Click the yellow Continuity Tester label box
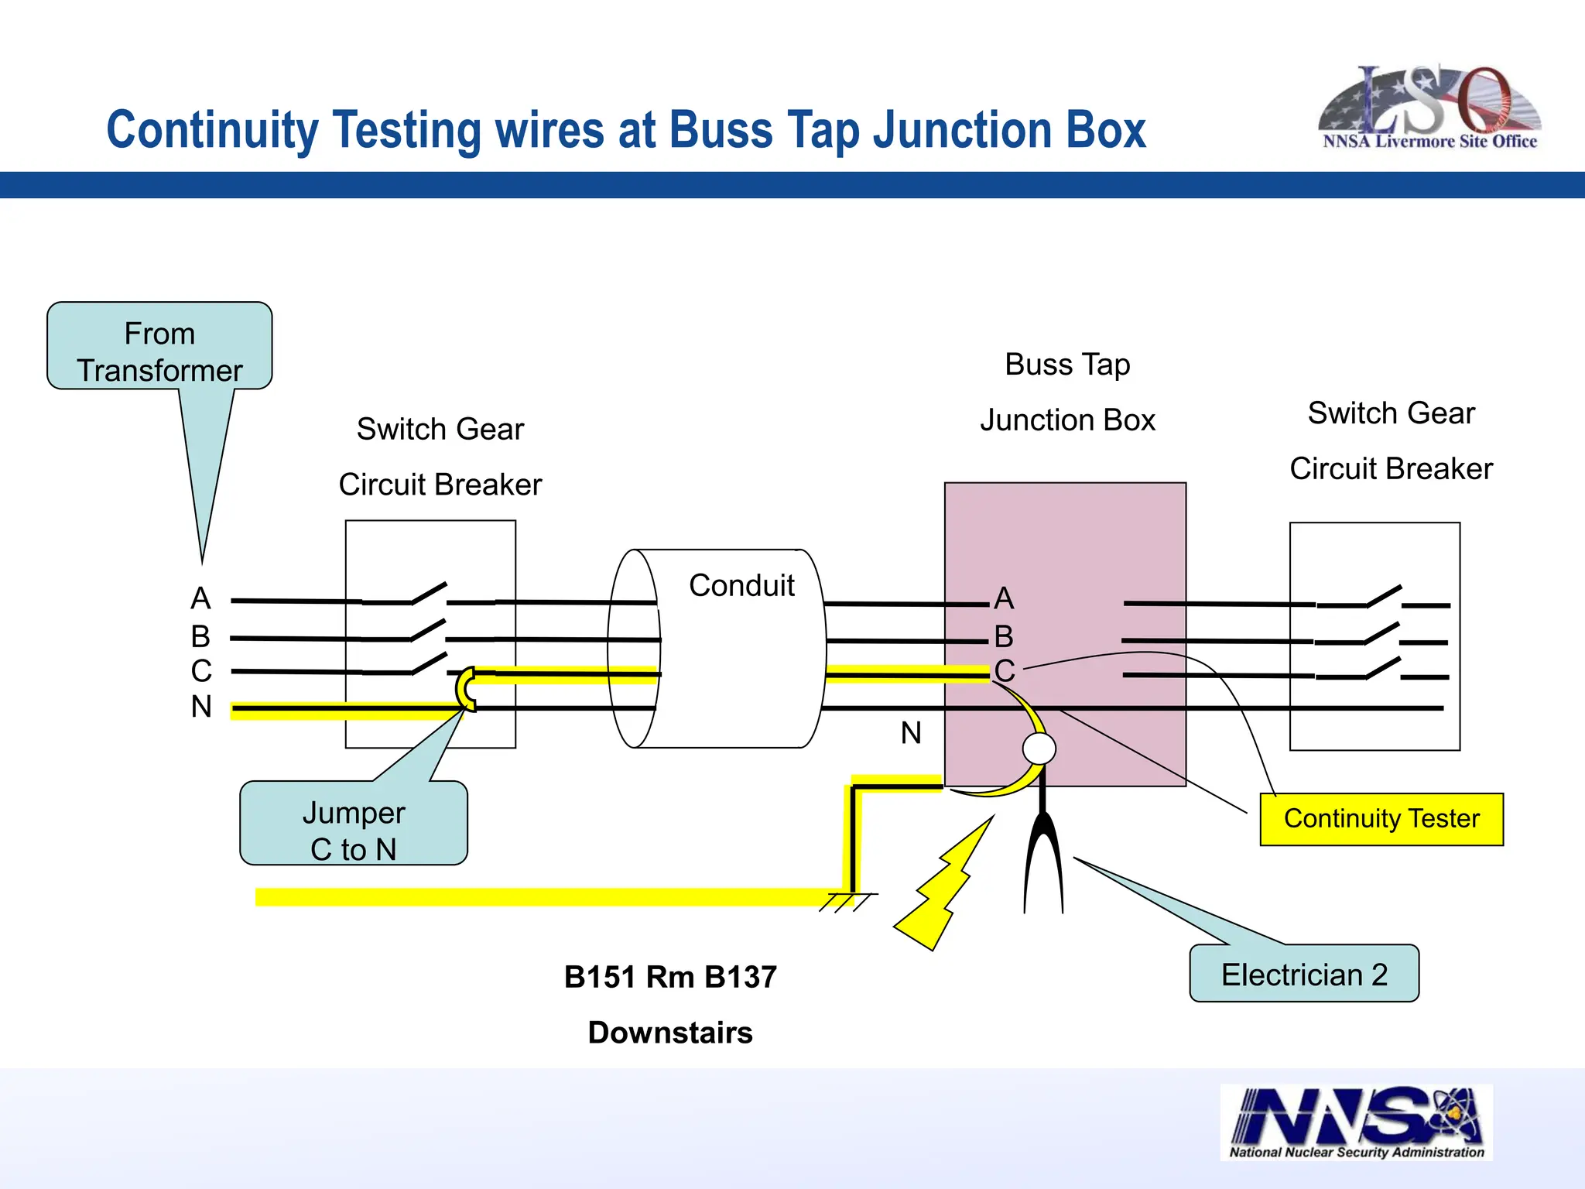pos(1381,819)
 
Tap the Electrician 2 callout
pos(1303,974)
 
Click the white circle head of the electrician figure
pos(1039,749)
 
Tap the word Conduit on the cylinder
pos(741,585)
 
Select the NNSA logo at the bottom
pos(1356,1122)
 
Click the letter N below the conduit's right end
pos(911,732)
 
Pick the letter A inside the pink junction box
pos(1004,598)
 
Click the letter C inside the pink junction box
pos(1004,670)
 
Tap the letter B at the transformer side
pos(200,636)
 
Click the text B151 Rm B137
pos(670,977)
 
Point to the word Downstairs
pos(670,1033)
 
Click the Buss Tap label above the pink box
pos(1067,365)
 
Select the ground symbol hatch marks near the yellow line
pos(848,903)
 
